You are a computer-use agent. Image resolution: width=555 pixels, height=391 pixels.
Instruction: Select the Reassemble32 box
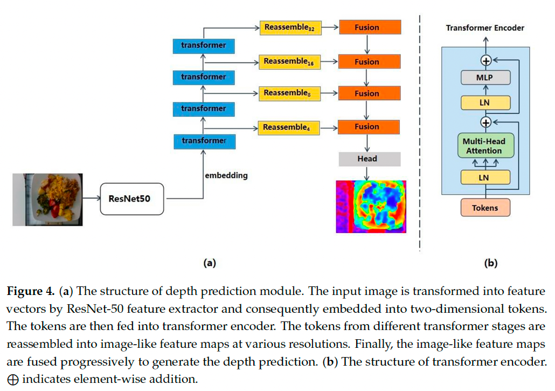click(x=289, y=28)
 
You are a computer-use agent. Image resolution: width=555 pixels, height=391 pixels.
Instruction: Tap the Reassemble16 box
click(x=289, y=62)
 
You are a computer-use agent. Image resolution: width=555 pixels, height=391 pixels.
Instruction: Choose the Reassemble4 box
click(x=289, y=127)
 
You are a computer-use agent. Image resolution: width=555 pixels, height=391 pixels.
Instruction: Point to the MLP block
click(x=485, y=78)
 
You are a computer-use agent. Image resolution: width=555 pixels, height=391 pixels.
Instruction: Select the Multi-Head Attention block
click(x=484, y=146)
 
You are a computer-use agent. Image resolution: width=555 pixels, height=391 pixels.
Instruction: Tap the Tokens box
click(x=485, y=208)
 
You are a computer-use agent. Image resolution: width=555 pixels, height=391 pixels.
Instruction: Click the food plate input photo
click(x=48, y=199)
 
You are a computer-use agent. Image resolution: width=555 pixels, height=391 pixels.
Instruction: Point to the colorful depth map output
click(x=371, y=206)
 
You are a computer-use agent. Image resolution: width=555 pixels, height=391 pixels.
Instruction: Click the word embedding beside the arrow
click(x=226, y=175)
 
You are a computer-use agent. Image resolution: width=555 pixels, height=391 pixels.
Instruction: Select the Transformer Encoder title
click(x=485, y=28)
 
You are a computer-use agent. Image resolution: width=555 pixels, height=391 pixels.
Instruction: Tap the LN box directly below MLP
click(x=485, y=102)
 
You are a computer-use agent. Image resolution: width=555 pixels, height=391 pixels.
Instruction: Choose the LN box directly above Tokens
click(x=485, y=177)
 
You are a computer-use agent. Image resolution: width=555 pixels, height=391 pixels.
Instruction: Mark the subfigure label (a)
click(x=209, y=263)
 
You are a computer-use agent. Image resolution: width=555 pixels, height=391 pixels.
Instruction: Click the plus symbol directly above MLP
click(x=485, y=60)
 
